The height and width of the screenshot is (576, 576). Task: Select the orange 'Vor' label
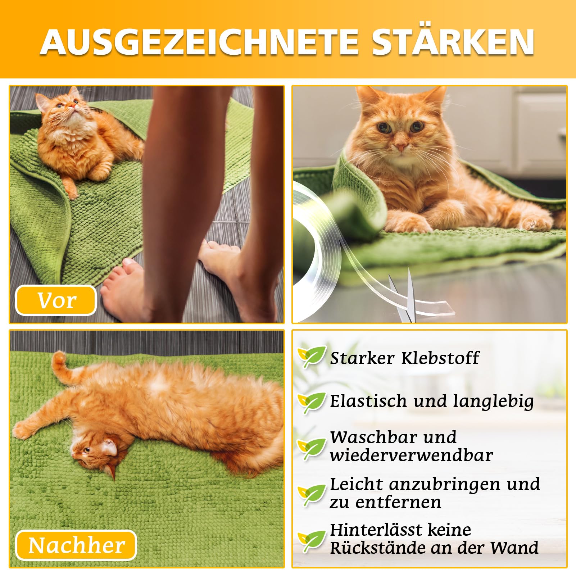coord(56,300)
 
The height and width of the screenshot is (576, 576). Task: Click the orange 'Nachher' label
coord(76,545)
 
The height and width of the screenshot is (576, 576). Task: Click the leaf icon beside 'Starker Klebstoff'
coord(312,357)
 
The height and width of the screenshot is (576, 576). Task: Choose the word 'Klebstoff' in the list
coord(440,358)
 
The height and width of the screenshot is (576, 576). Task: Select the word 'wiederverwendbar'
coord(411,455)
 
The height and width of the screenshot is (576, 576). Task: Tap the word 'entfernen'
coord(398,502)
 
